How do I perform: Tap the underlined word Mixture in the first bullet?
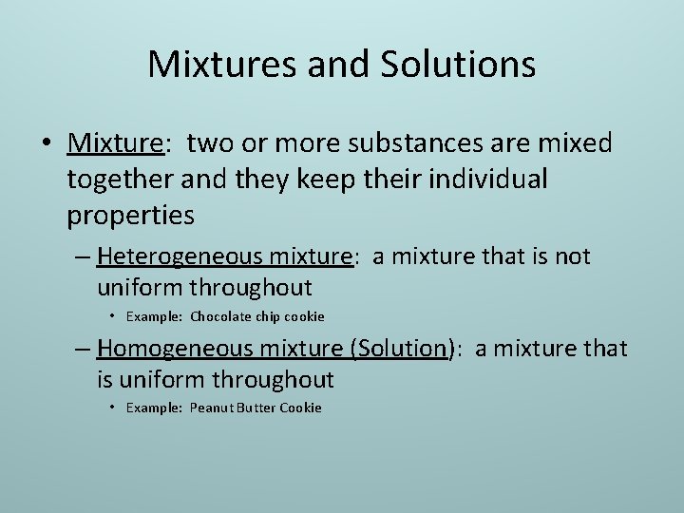click(x=115, y=143)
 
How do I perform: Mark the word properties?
click(x=130, y=216)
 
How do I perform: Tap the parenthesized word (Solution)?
click(x=402, y=349)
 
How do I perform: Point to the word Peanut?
click(x=213, y=408)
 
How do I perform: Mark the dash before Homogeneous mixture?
click(x=83, y=349)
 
